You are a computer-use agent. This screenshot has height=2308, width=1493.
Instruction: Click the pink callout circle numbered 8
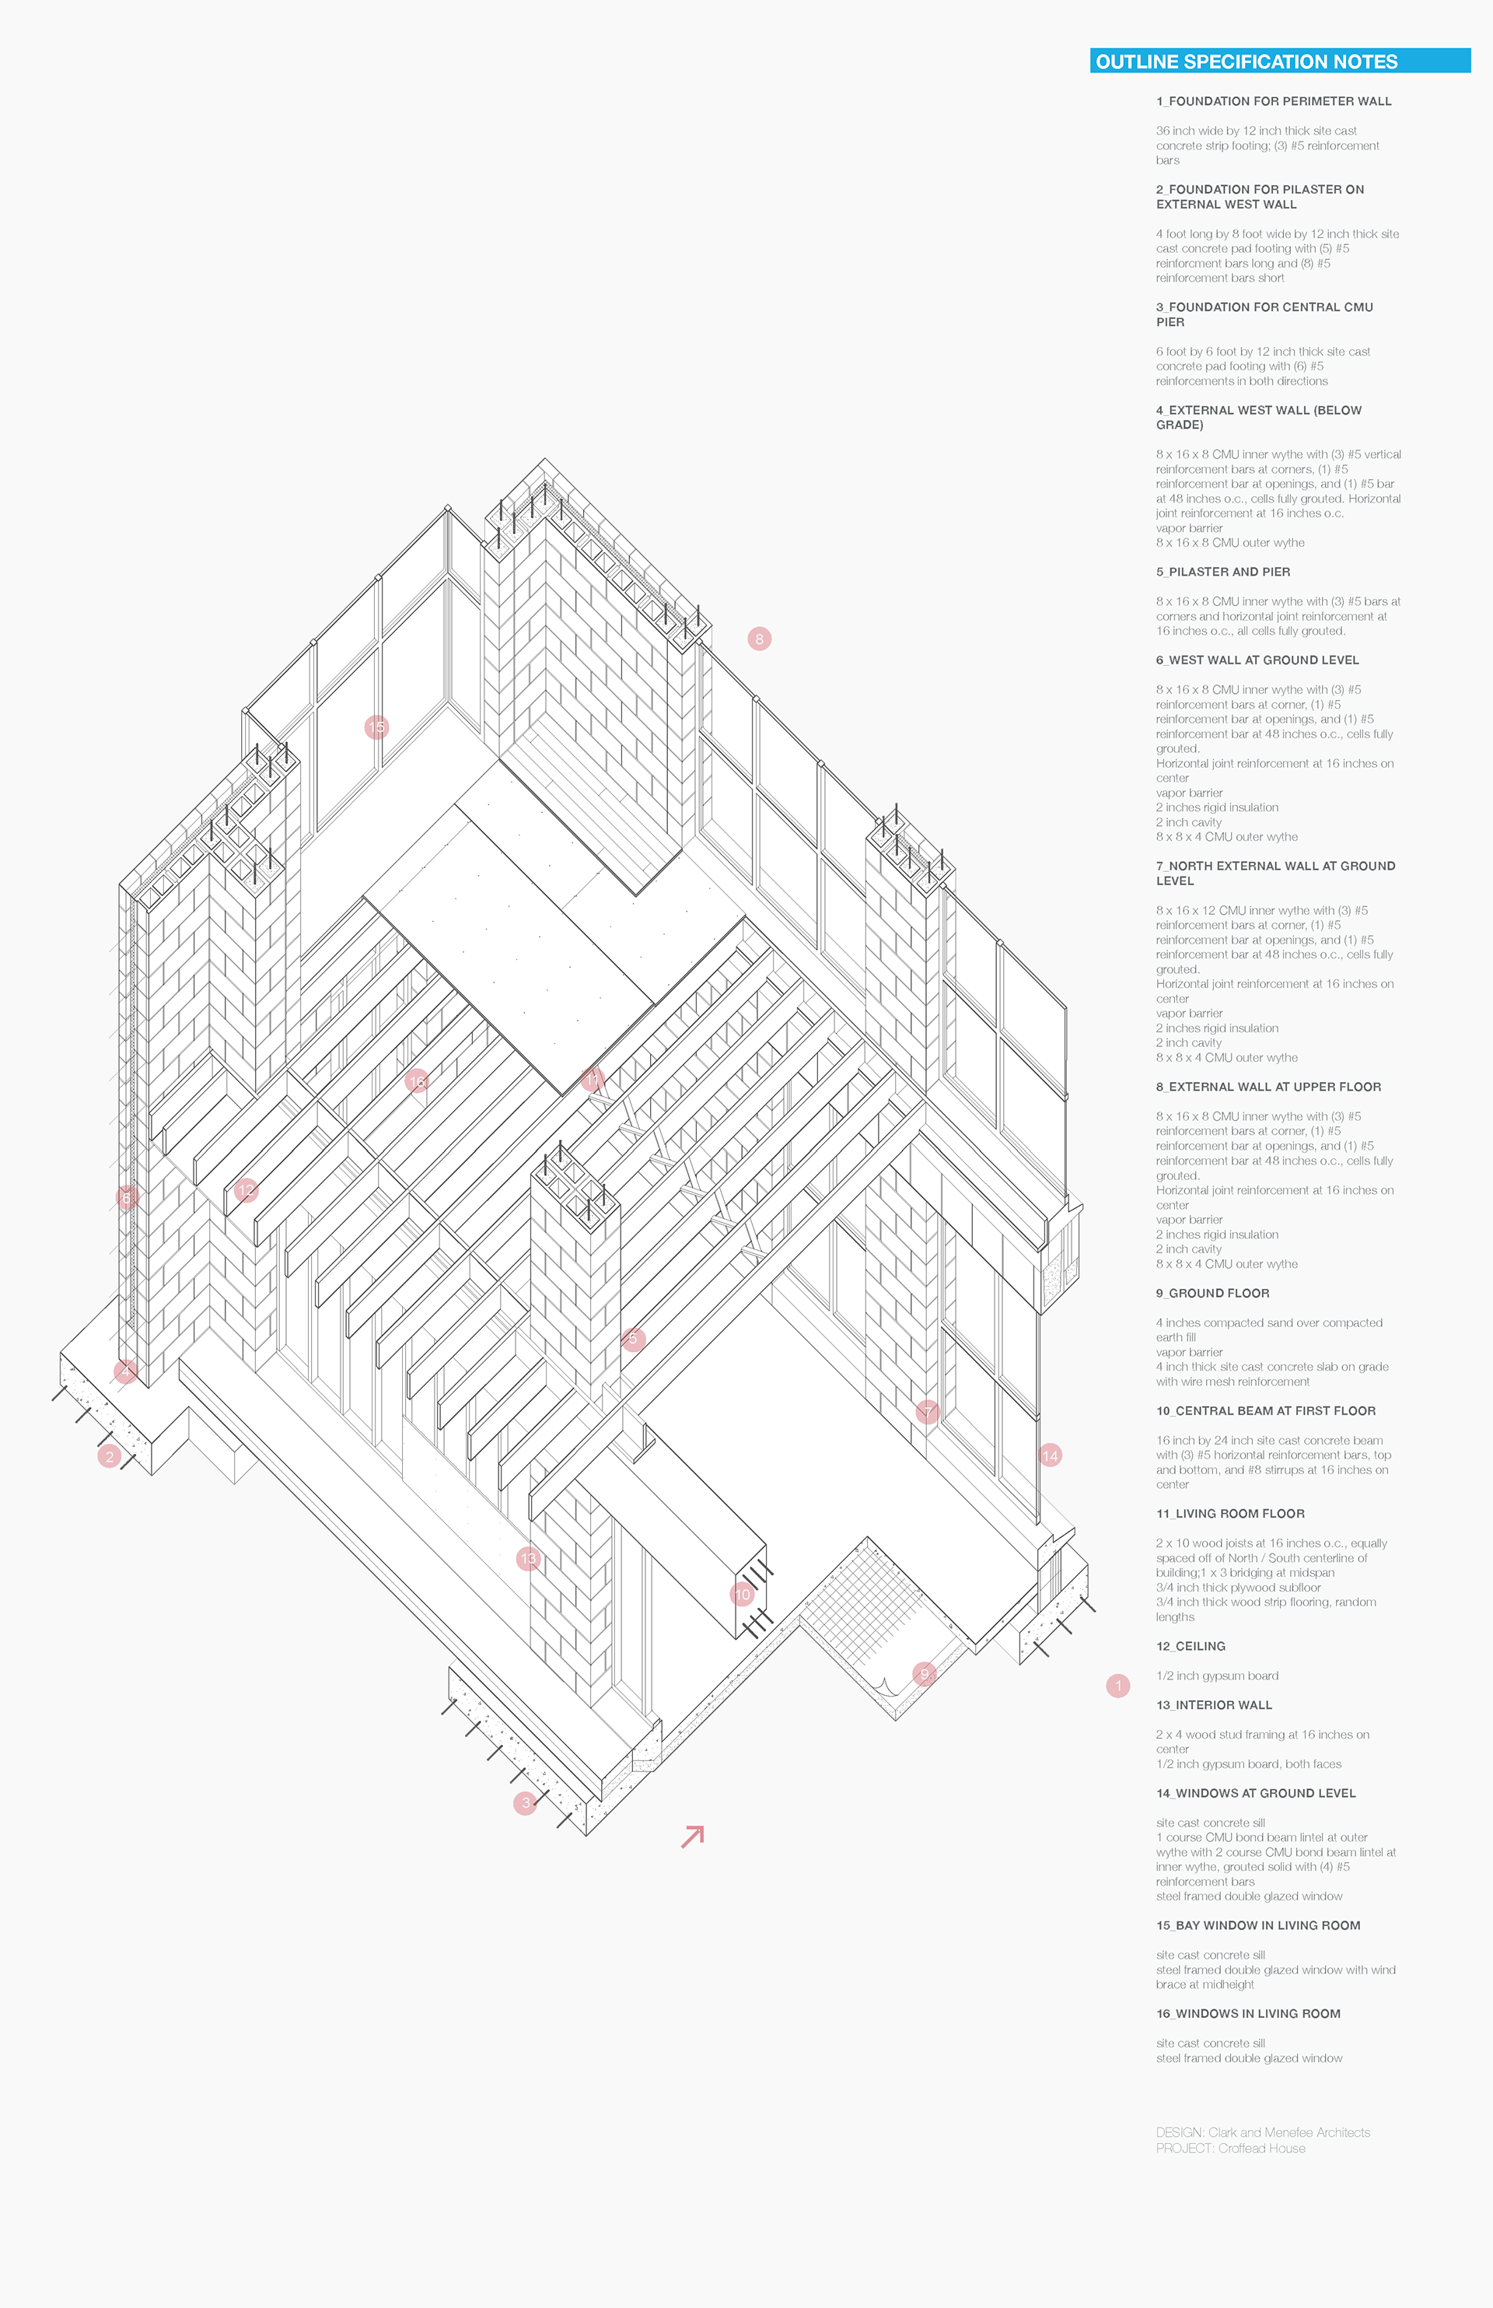759,638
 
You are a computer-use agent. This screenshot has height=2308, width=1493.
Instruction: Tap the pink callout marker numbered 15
376,727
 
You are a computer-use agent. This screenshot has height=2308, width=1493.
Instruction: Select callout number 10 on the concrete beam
742,1593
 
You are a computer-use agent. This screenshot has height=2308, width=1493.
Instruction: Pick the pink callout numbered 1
1118,1686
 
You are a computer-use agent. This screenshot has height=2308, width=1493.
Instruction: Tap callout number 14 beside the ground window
1050,1455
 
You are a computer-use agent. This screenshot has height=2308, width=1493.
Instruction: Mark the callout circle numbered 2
110,1455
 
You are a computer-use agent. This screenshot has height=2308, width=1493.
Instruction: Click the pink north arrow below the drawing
692,1836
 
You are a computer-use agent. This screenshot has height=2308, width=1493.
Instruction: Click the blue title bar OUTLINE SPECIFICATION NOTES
1280,61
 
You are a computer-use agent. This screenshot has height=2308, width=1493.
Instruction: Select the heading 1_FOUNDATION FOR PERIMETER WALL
1273,101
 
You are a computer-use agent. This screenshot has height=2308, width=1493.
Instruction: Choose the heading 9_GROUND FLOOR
1212,1293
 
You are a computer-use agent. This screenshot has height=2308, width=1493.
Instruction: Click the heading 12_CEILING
1191,1646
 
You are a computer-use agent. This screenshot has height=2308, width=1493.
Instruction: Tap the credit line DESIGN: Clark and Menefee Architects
1262,2132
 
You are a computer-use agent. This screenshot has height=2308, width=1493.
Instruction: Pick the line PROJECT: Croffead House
1230,2148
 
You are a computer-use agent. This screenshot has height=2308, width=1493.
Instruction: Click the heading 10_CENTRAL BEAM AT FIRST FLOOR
1265,1410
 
